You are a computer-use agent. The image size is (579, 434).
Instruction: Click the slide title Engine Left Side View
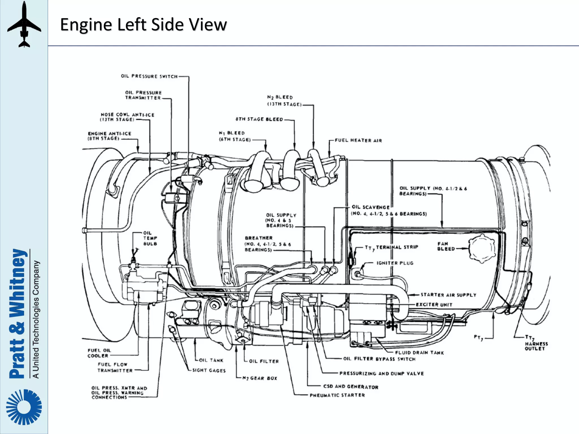[x=143, y=24]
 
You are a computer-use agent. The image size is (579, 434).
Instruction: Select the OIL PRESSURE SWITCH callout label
[x=149, y=76]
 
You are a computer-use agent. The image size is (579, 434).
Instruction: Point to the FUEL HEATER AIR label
[x=358, y=140]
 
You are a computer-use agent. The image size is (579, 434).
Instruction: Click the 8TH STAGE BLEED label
[x=259, y=119]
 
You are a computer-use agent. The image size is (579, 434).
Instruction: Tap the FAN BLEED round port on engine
[x=482, y=248]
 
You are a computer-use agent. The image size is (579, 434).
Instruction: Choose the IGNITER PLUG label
[x=395, y=263]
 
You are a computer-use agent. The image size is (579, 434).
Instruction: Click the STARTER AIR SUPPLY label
[x=448, y=295]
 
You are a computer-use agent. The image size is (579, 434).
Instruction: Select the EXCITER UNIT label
[x=434, y=305]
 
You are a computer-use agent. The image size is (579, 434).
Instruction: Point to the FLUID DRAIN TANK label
[x=419, y=353]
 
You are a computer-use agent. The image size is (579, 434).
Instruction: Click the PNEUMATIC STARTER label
[x=337, y=395]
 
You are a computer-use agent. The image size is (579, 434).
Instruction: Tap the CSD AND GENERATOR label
[x=351, y=387]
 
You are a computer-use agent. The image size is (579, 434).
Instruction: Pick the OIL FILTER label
[x=264, y=361]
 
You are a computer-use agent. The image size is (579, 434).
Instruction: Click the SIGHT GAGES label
[x=209, y=370]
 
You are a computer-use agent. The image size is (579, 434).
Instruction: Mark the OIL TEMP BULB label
[x=150, y=238]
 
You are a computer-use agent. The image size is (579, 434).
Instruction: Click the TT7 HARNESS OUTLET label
[x=536, y=343]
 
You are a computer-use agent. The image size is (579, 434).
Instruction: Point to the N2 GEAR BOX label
[x=260, y=378]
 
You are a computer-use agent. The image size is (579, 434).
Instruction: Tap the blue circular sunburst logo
[x=24, y=407]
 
